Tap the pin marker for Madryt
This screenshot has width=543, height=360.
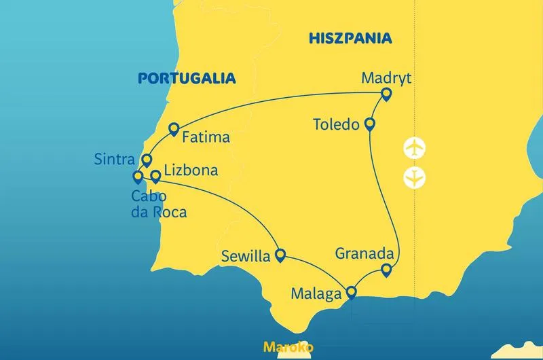[387, 94]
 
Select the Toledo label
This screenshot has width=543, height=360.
[335, 125]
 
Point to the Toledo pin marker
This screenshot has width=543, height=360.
[370, 124]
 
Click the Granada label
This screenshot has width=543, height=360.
[365, 254]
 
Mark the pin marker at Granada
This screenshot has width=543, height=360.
[386, 270]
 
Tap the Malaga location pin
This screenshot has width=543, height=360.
[351, 293]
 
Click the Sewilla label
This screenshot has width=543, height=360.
[245, 257]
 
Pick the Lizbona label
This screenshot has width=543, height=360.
[192, 170]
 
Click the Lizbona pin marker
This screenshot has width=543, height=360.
[155, 177]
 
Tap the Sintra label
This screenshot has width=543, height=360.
[115, 159]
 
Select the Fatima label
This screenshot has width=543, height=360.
[207, 137]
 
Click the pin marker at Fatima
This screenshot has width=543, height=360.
[174, 128]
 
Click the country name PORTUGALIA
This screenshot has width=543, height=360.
[187, 78]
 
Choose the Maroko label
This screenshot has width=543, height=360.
[288, 347]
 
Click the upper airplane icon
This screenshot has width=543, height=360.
[414, 147]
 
